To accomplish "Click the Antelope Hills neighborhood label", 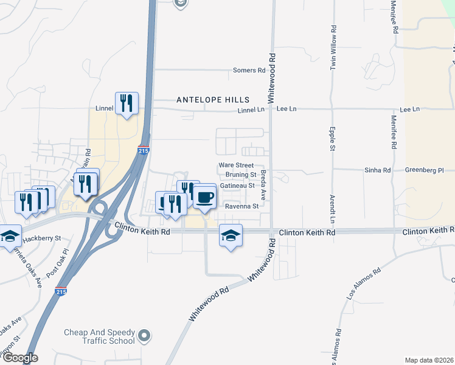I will coord(213,99).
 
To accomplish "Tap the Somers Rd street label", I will coord(249,71).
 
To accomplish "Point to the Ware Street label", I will coord(236,165).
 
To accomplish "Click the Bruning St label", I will coord(240,175).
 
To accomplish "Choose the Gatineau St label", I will coord(237,186).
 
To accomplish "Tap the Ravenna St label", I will coord(243,206).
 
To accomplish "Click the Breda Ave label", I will coord(263,185).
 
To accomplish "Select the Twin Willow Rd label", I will coord(333,48).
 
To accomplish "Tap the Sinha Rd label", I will coord(377,170).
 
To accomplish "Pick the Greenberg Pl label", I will coord(425,170).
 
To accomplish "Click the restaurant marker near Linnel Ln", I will coord(127,103).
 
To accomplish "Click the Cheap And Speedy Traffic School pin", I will coord(144,335).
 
